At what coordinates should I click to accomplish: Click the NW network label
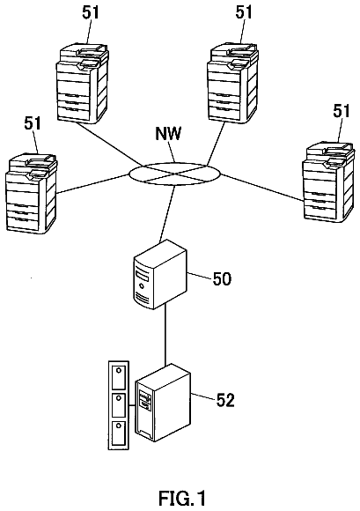point(168,134)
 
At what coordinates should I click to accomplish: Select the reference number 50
point(222,279)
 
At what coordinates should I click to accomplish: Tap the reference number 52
point(225,400)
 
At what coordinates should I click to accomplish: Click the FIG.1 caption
point(182,499)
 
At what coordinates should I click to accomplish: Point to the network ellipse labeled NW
point(175,173)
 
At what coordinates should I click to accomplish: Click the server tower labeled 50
point(160,274)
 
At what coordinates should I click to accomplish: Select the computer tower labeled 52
point(163,403)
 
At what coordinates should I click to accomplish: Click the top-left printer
point(83,83)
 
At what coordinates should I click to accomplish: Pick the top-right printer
point(233,83)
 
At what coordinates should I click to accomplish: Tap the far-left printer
point(32,193)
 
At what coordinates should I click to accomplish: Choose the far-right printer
point(328,181)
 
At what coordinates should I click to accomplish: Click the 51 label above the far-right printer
point(342,111)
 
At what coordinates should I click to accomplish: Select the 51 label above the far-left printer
point(33,123)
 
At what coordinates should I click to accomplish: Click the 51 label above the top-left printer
point(90,12)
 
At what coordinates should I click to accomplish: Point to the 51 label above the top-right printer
point(244,11)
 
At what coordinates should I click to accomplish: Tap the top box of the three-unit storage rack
point(119,376)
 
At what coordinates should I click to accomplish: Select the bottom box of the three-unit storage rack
point(119,433)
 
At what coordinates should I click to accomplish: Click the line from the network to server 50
point(166,213)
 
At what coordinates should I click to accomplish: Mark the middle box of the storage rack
point(119,404)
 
